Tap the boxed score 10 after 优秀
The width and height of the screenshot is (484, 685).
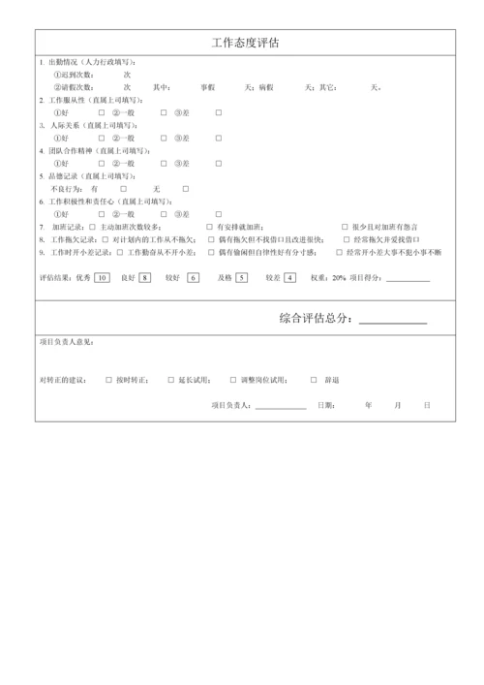[102, 277]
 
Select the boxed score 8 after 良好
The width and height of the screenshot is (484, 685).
[145, 277]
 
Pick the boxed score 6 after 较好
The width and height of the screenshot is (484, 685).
[193, 277]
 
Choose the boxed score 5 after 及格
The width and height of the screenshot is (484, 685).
[241, 277]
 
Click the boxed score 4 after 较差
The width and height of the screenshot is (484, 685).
[288, 277]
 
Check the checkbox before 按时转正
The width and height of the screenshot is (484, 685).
[108, 380]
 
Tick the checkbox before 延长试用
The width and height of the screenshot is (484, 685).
[170, 380]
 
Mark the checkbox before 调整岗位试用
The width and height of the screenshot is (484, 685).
[232, 380]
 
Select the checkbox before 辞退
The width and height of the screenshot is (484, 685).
[314, 380]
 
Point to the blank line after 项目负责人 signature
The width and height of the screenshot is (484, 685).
[282, 408]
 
